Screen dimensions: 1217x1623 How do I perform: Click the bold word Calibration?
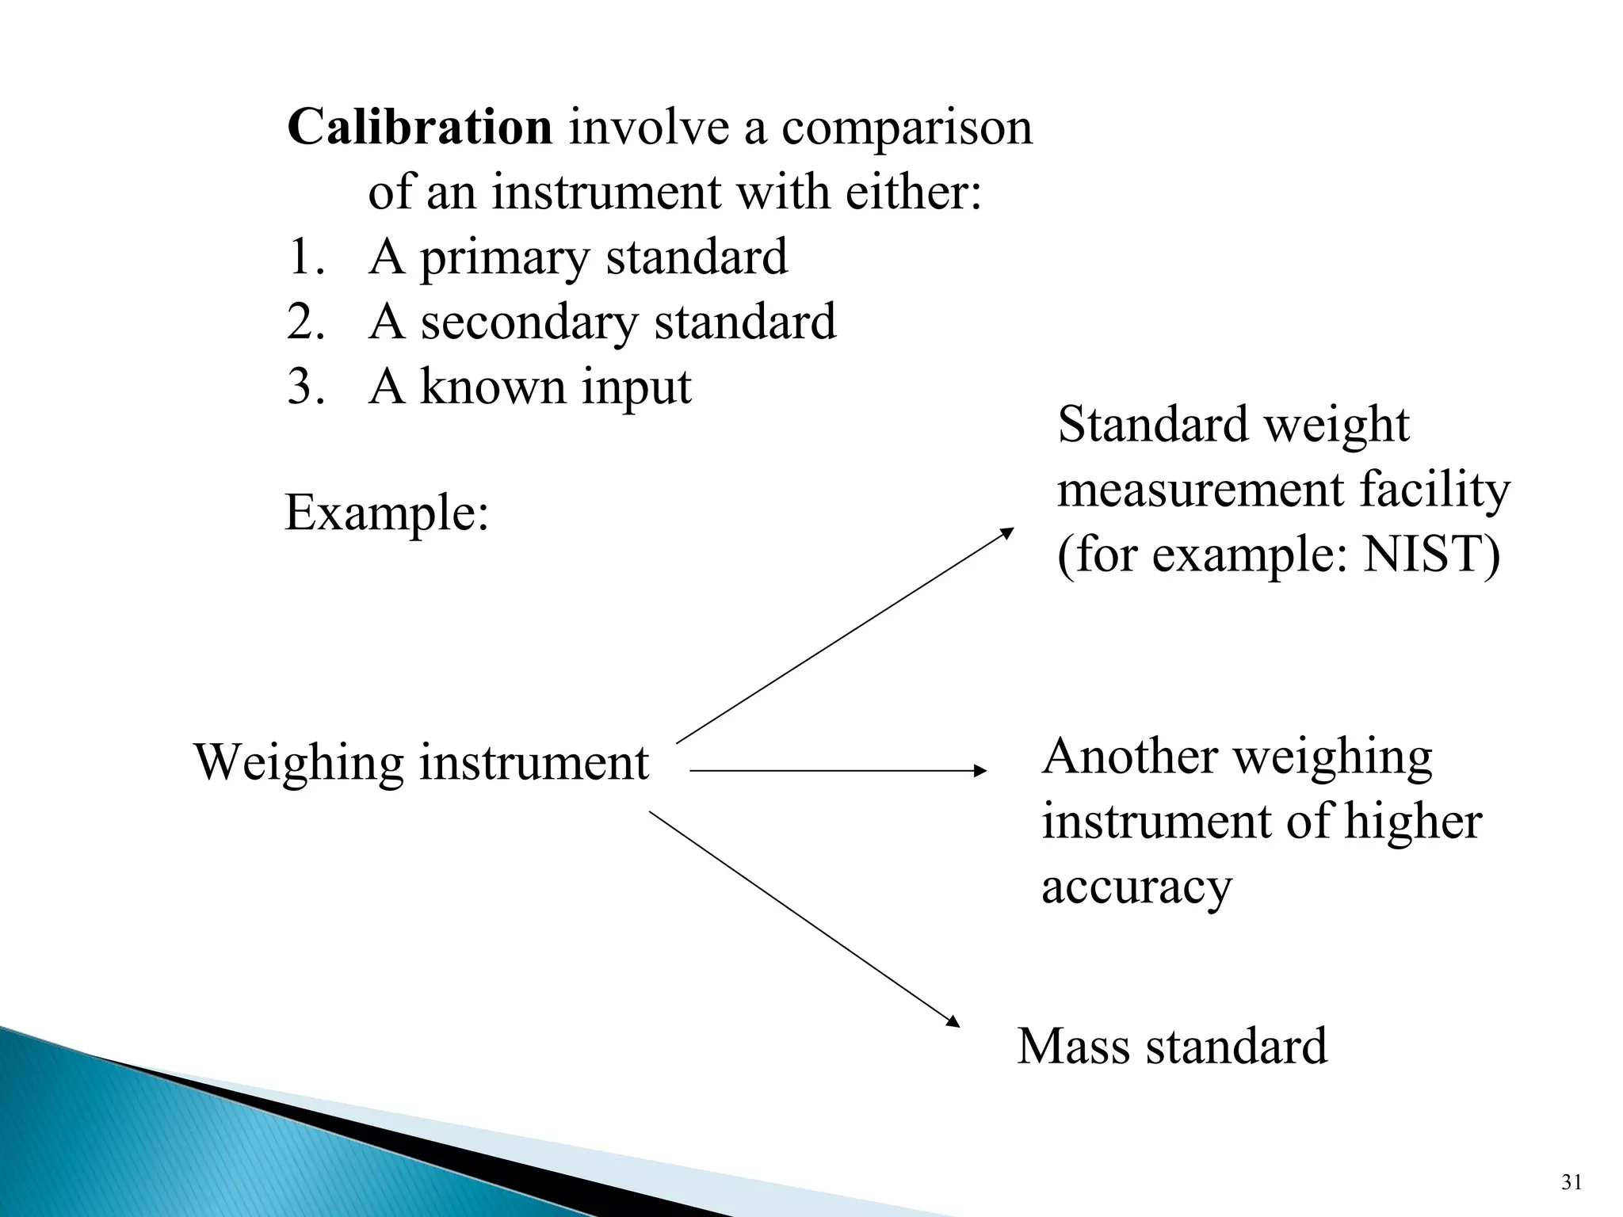[419, 127]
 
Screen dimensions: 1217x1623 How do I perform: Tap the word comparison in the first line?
[907, 128]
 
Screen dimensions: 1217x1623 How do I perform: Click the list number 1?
[305, 258]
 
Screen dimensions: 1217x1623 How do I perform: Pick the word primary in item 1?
[505, 259]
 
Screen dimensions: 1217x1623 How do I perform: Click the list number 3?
[305, 387]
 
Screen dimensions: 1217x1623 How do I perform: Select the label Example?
[387, 513]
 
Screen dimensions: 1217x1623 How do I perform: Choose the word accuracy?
[1136, 887]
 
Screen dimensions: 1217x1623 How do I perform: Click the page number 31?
[1571, 1183]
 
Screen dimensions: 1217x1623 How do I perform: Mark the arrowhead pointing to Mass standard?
[953, 1023]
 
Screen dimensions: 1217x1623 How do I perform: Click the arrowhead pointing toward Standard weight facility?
[1007, 532]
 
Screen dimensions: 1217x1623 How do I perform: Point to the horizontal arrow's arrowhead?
[981, 770]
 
